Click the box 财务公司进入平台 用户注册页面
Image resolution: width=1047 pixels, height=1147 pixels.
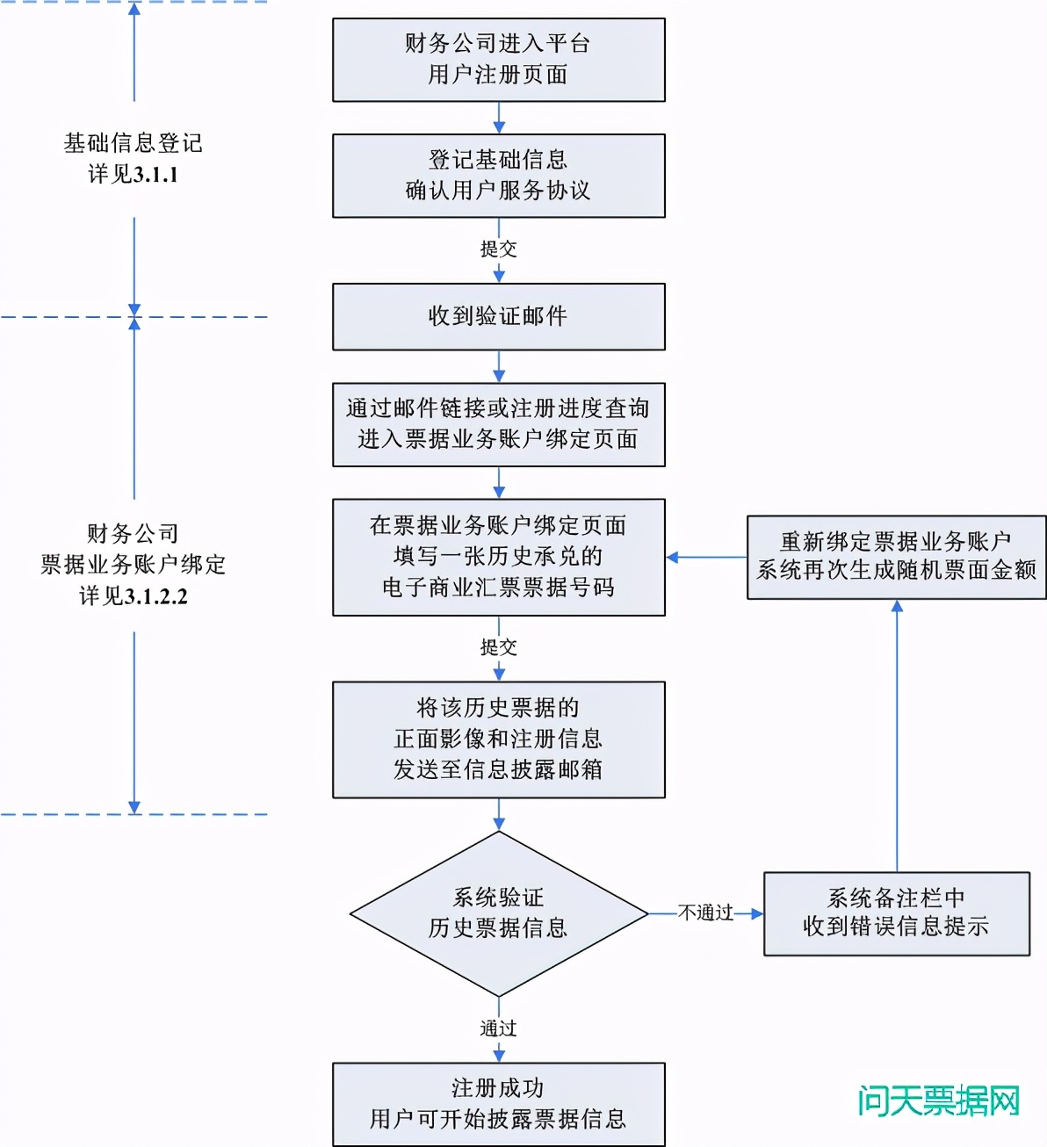pos(498,60)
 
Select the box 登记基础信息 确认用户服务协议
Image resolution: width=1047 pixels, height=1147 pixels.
pos(498,176)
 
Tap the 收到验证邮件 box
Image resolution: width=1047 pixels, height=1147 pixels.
pos(498,316)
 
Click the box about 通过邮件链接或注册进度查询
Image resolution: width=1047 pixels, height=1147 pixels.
pos(498,424)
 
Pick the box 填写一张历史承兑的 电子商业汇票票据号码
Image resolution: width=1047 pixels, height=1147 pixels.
pos(498,557)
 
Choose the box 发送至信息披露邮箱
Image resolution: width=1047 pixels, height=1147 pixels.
pos(498,739)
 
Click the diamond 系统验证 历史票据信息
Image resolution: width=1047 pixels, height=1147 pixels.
pos(498,913)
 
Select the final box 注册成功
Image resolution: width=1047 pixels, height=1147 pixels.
pos(498,1104)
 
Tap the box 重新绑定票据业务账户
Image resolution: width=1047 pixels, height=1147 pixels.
pos(896,557)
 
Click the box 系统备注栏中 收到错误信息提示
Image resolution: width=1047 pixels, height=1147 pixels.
pos(896,913)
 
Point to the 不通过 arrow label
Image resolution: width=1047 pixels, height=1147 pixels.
pos(705,913)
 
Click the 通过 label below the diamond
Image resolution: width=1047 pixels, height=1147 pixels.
pos(498,1028)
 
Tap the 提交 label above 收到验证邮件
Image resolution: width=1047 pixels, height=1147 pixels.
pos(498,249)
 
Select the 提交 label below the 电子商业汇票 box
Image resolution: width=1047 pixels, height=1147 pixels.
pos(498,647)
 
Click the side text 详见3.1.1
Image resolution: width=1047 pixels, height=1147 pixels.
pos(134,175)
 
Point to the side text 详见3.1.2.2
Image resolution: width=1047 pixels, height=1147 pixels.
pos(134,596)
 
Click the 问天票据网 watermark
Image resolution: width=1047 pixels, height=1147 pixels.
pos(938,1101)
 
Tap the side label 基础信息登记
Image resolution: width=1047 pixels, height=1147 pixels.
pos(134,143)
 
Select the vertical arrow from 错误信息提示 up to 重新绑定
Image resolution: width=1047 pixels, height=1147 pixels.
pos(897,738)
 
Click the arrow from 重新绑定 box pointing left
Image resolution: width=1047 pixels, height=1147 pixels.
pos(706,557)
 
